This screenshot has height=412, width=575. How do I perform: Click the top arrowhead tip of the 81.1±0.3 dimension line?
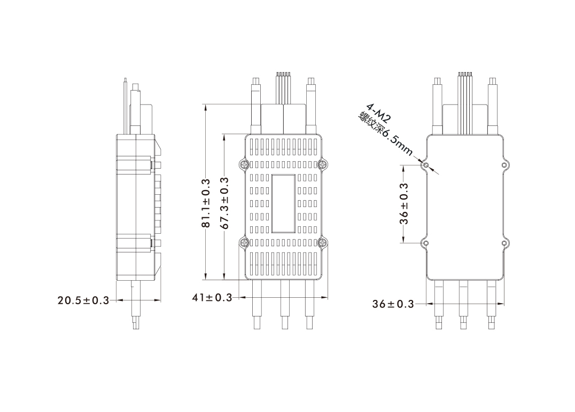tap(206, 105)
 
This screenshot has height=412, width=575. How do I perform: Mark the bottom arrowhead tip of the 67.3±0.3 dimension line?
tap(224, 280)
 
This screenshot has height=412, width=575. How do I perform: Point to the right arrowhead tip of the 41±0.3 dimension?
tap(328, 297)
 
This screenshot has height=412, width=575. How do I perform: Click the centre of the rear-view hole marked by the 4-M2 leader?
tap(426, 165)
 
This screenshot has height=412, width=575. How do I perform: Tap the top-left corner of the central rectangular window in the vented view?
tap(271, 175)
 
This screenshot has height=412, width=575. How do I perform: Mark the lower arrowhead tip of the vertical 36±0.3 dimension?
tap(403, 243)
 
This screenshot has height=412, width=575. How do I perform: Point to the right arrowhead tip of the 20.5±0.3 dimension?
tap(160, 300)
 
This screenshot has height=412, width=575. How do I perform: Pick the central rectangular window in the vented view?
tap(283, 203)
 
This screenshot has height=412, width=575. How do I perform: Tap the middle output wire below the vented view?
tap(285, 304)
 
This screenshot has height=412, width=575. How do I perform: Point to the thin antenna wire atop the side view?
tap(125, 106)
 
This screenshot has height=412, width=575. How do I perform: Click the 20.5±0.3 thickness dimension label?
tap(83, 300)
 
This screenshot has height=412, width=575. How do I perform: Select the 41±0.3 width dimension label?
tap(212, 298)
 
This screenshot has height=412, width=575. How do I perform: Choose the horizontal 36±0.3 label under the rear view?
tap(393, 304)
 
